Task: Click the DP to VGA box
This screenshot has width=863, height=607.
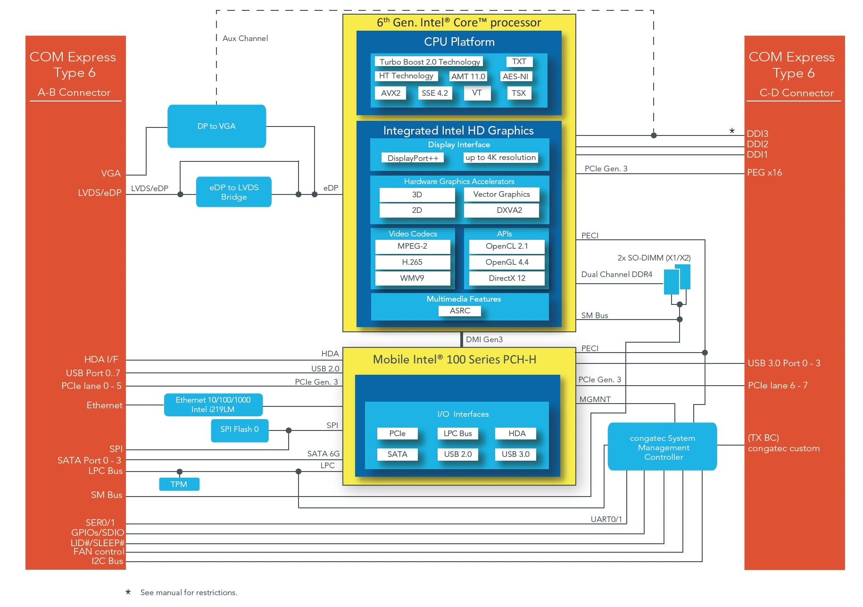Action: [x=216, y=126]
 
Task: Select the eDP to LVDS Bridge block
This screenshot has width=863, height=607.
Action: [x=234, y=192]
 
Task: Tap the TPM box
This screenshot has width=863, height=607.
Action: [x=179, y=484]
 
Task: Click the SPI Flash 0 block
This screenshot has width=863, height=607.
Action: [x=240, y=430]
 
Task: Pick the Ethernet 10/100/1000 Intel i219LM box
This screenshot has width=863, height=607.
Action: [x=213, y=405]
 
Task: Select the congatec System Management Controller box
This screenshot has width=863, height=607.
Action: [x=663, y=447]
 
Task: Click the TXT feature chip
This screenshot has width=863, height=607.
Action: [x=519, y=61]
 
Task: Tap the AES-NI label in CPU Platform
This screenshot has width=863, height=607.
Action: [x=515, y=76]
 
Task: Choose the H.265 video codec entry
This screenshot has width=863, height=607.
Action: [x=413, y=262]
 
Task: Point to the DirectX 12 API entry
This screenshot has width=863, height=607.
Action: [x=507, y=278]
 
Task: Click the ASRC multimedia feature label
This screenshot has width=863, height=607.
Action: [x=460, y=311]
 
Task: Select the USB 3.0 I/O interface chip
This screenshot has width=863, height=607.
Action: [x=515, y=454]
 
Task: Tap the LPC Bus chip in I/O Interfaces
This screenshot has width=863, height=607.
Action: [x=458, y=433]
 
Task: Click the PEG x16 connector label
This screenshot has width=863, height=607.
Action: [x=764, y=173]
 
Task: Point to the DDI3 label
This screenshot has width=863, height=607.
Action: [x=757, y=134]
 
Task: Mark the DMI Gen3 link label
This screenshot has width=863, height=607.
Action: [x=484, y=339]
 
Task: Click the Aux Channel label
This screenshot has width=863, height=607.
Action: [x=245, y=38]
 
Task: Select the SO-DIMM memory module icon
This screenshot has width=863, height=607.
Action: [x=677, y=279]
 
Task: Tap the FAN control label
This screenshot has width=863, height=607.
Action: [x=99, y=551]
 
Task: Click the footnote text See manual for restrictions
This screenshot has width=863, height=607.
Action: [x=189, y=592]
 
